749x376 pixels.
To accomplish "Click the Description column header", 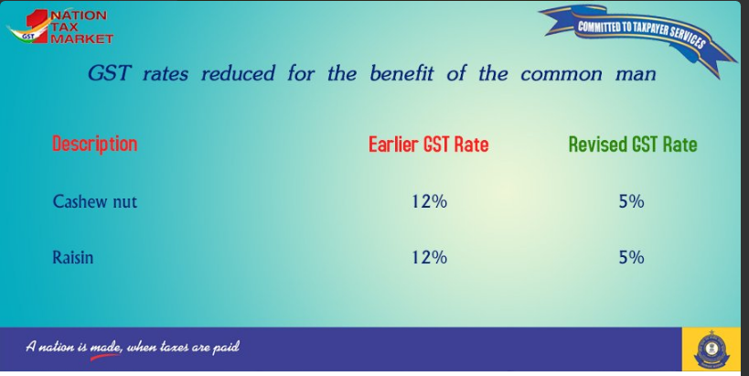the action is pos(94,144).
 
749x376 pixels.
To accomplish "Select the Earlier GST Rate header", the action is pos(429,145).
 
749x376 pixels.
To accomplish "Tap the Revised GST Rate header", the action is pos(633,145).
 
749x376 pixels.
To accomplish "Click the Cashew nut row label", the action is pos(94,201).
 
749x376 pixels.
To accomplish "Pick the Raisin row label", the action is pos(72,257).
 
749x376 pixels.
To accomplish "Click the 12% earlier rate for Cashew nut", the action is pos(429,201).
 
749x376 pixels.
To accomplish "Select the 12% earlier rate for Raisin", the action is pos(429,258).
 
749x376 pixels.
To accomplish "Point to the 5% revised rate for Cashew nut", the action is pos(632,201).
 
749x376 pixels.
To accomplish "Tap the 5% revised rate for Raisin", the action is pos(632,258).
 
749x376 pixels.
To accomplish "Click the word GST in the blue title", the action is pos(109,73).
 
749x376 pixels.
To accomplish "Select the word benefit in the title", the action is pos(401,73).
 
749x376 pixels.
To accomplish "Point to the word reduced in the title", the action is pos(238,73).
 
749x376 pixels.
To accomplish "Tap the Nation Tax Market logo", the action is pos(59,27).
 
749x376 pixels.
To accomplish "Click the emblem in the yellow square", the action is pos(712,349).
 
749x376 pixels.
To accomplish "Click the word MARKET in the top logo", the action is pos(81,38).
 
